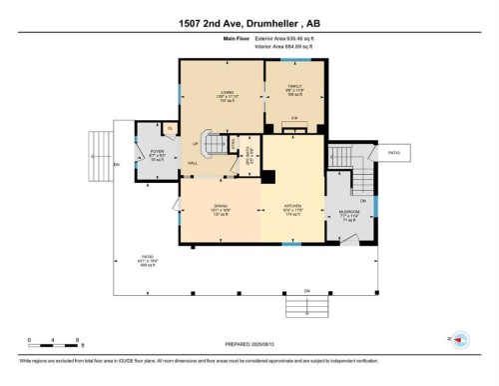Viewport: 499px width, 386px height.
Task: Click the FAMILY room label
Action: pyautogui.click(x=294, y=89)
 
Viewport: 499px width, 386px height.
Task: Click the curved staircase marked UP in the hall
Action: pyautogui.click(x=214, y=146)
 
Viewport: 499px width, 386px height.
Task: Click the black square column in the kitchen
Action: pyautogui.click(x=267, y=177)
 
